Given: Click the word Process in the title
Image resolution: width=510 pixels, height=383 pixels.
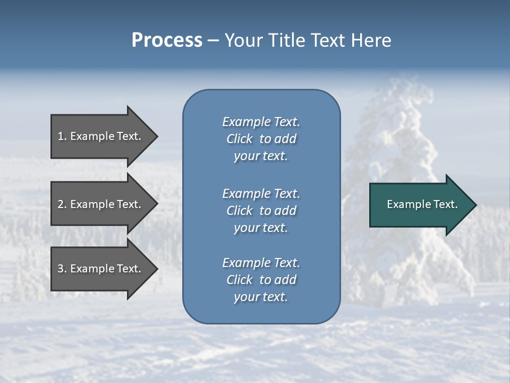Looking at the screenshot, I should click(167, 40).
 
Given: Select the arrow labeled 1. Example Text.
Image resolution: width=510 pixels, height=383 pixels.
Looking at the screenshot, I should click(101, 136).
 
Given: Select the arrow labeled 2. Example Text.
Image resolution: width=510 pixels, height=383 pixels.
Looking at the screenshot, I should click(101, 204).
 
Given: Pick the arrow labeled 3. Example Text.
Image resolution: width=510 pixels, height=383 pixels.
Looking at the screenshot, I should click(101, 269).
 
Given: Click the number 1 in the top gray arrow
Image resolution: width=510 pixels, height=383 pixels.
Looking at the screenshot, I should click(61, 136).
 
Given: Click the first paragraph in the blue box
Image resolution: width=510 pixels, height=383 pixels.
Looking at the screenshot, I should click(261, 139).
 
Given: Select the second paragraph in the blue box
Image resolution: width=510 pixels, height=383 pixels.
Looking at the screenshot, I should click(261, 211).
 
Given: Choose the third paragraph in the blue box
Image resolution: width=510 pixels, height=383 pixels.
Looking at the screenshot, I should click(261, 280).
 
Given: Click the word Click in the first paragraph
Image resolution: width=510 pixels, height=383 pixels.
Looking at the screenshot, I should click(240, 139).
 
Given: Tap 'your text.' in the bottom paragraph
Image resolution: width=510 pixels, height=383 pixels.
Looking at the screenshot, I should click(261, 297).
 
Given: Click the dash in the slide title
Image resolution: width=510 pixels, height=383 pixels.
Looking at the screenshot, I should click(213, 41).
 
